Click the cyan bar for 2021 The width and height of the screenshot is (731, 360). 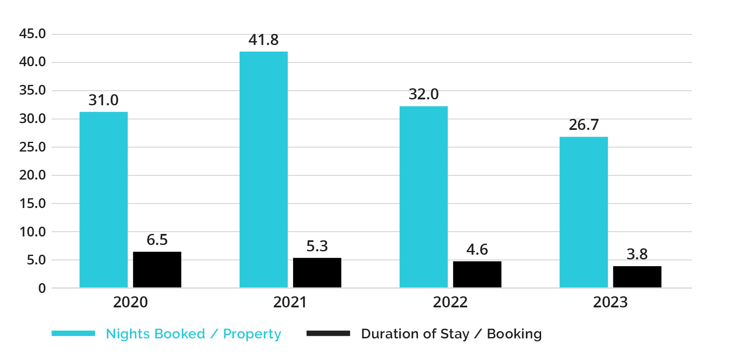tap(263, 170)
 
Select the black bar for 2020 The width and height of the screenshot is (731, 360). tap(157, 270)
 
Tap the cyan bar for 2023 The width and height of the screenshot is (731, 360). tap(583, 212)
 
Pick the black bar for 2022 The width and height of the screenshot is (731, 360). tap(477, 274)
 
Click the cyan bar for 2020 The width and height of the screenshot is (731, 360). tap(103, 200)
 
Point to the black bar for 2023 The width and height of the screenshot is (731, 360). tap(637, 277)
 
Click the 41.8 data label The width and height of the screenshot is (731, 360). tap(263, 40)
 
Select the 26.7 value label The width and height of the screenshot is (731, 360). tap(584, 125)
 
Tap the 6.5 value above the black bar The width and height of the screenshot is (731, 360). tap(157, 240)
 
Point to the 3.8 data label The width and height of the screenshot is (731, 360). tap(637, 254)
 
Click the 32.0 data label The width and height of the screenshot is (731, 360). tap(423, 94)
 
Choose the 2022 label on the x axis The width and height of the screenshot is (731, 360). tap(450, 302)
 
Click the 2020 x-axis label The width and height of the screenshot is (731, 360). tap(130, 302)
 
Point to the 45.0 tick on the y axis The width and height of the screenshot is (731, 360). tap(32, 34)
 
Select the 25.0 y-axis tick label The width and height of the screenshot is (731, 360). tap(32, 147)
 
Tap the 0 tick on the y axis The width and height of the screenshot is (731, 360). tap(42, 289)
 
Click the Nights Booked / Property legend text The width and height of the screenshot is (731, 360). tap(193, 334)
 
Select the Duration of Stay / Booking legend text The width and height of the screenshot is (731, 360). tap(451, 334)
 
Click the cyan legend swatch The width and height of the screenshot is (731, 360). tap(73, 333)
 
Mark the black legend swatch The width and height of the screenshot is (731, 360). tap(328, 333)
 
